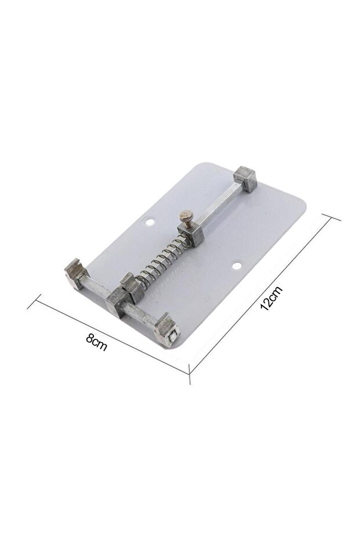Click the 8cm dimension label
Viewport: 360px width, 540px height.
tap(97, 342)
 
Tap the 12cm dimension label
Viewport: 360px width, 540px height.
tap(271, 298)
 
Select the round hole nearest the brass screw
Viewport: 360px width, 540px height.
tap(150, 223)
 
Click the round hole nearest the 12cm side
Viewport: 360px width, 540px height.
tap(237, 266)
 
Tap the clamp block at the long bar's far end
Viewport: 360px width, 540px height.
tap(245, 179)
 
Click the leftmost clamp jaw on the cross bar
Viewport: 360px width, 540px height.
tap(77, 274)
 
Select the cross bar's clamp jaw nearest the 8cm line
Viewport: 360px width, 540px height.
tap(168, 331)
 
